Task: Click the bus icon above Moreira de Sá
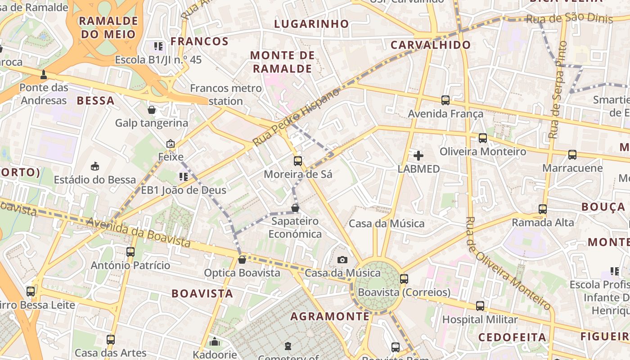tap(297, 161)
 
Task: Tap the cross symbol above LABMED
tap(418, 156)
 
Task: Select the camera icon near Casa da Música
tap(342, 260)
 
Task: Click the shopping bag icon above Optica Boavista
tap(242, 260)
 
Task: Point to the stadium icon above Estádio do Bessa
tap(94, 166)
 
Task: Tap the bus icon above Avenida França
tap(445, 100)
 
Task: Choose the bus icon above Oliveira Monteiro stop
tap(483, 138)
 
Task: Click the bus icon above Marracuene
tap(572, 155)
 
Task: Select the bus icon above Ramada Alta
tap(543, 209)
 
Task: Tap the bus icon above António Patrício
tap(130, 252)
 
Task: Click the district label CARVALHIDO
tap(431, 45)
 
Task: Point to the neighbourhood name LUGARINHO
tap(311, 24)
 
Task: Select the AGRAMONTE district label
tap(330, 316)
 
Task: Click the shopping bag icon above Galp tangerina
tap(152, 110)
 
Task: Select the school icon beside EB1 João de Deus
tap(183, 177)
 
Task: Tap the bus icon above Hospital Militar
tap(480, 306)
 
